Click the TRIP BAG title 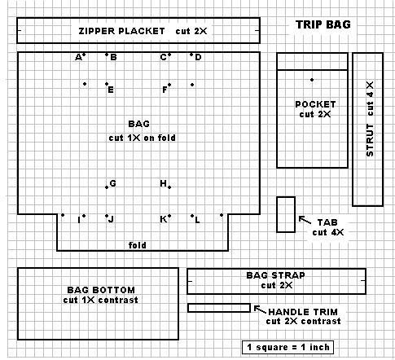(x=323, y=24)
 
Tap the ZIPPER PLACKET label (x=121, y=31)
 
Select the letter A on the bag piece (x=78, y=58)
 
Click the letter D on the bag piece (x=198, y=57)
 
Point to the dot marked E (x=107, y=84)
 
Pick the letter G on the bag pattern (x=112, y=183)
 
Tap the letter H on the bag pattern (x=163, y=183)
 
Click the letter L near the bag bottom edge (x=197, y=220)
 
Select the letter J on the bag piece (x=111, y=219)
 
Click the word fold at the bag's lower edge (x=137, y=245)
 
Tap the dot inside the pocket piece (x=312, y=80)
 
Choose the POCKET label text (x=315, y=104)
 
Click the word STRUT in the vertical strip (x=370, y=140)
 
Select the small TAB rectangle (x=286, y=214)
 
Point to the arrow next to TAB (x=305, y=220)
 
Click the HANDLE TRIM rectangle (x=219, y=308)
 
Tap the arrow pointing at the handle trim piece (x=260, y=310)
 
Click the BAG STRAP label (x=275, y=275)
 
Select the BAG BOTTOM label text (x=101, y=290)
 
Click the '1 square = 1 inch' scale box (x=287, y=347)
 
